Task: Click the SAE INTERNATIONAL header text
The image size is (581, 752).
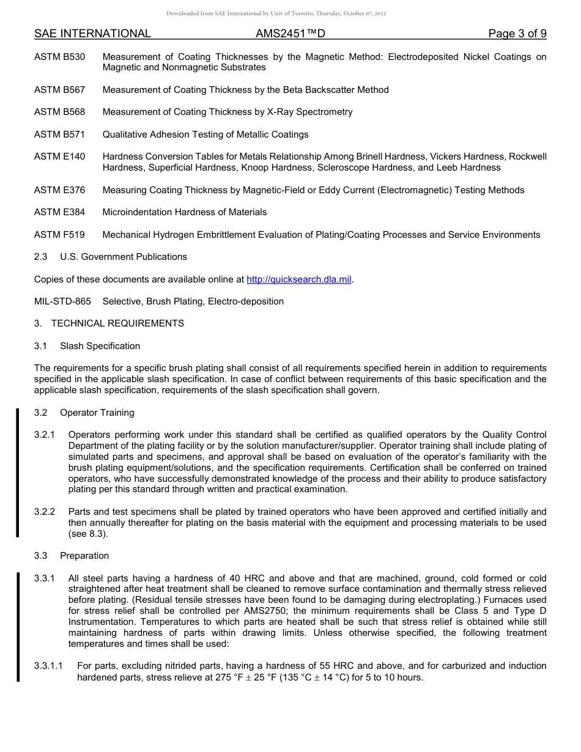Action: pyautogui.click(x=92, y=34)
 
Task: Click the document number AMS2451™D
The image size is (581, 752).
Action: pyautogui.click(x=290, y=34)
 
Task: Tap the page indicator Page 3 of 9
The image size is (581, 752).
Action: pyautogui.click(x=517, y=34)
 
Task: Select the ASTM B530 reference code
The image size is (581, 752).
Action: pyautogui.click(x=60, y=57)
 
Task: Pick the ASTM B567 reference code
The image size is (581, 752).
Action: pyautogui.click(x=60, y=90)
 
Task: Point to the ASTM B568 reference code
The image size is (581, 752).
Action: pyautogui.click(x=60, y=112)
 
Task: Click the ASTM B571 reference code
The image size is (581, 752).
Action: pyautogui.click(x=60, y=135)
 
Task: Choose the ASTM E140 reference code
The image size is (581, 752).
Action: pyautogui.click(x=60, y=157)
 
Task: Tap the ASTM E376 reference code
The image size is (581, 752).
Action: pyautogui.click(x=60, y=190)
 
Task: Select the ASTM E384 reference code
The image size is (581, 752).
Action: pyautogui.click(x=60, y=212)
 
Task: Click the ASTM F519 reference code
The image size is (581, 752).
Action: pyautogui.click(x=60, y=235)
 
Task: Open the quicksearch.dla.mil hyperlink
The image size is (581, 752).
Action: pyautogui.click(x=298, y=279)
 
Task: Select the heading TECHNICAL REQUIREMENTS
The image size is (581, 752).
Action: pyautogui.click(x=117, y=323)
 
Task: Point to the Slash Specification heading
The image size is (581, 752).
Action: pyautogui.click(x=100, y=346)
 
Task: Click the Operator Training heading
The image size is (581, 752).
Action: pyautogui.click(x=97, y=413)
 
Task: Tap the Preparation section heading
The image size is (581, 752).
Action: pyautogui.click(x=84, y=556)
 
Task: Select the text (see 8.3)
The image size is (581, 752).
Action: pyautogui.click(x=88, y=534)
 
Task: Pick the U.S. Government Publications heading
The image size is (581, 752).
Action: pyautogui.click(x=123, y=257)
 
